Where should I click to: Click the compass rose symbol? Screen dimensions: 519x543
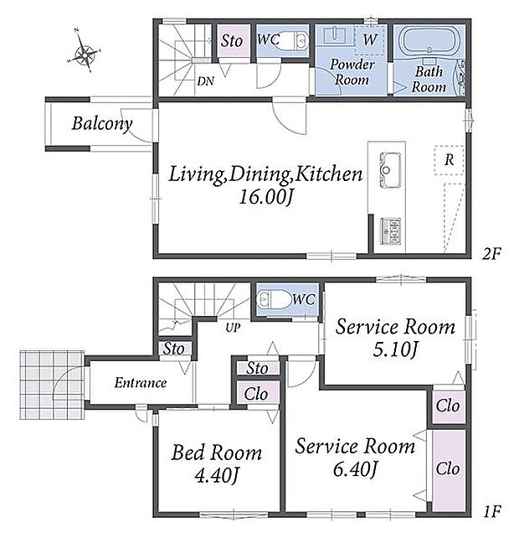[85, 53]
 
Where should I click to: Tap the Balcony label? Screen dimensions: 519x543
[102, 124]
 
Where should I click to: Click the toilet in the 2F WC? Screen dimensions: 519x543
[297, 40]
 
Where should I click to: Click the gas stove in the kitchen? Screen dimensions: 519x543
[391, 231]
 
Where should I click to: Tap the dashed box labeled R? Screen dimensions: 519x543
[449, 160]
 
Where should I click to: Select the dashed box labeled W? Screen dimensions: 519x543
[370, 39]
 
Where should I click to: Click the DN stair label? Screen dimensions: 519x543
[206, 81]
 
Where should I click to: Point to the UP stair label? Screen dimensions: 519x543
[233, 328]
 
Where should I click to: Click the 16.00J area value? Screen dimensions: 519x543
[265, 198]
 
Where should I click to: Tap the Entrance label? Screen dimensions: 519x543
[141, 383]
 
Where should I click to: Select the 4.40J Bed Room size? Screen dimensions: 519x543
[217, 475]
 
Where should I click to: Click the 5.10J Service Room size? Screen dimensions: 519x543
[395, 349]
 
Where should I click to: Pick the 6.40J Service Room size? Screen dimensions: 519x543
[355, 469]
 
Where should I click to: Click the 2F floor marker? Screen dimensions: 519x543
[491, 255]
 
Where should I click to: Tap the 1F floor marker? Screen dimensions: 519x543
[492, 511]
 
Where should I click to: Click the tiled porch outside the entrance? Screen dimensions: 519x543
[52, 385]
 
